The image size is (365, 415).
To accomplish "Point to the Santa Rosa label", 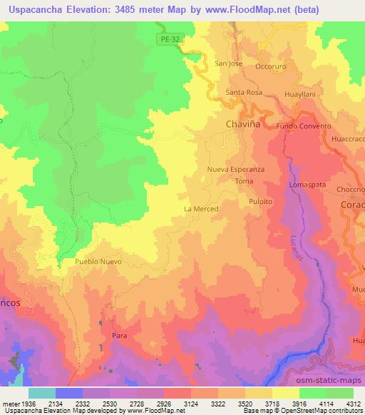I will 244,93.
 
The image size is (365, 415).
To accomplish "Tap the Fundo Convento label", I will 304,126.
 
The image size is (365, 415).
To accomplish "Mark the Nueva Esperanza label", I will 236,170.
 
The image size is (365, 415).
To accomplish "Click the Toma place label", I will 244,182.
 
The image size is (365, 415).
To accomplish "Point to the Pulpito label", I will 262,202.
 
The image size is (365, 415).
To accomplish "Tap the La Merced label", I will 200,209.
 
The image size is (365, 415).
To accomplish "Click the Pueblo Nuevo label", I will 98,262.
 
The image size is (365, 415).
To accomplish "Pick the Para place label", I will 120,334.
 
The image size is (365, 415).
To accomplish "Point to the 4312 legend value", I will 352,404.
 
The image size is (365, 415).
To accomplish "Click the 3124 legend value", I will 190,404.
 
